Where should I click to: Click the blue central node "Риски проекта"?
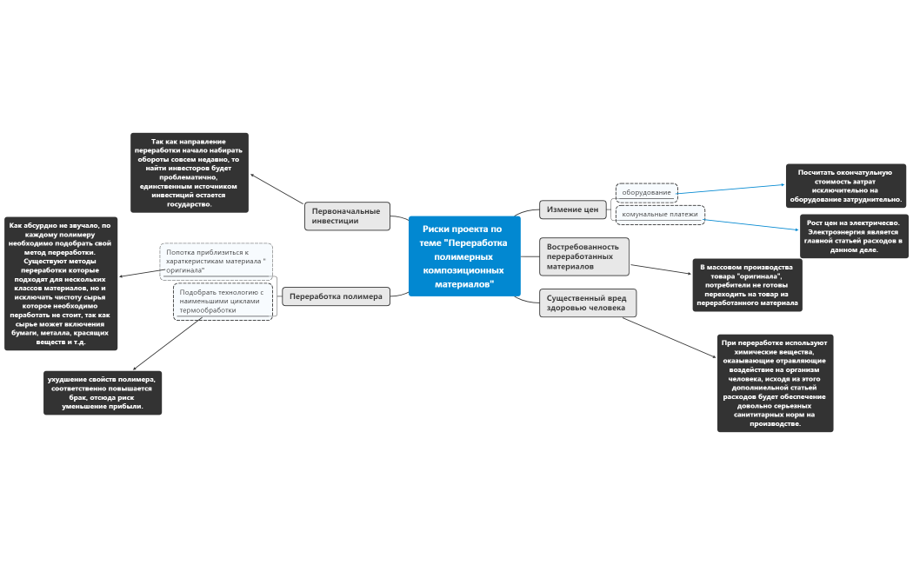click(464, 256)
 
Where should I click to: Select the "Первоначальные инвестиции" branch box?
click(347, 216)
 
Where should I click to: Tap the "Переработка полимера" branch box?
click(336, 296)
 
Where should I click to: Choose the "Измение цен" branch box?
click(572, 209)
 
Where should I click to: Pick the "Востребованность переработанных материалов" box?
click(584, 256)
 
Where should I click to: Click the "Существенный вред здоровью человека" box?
click(588, 302)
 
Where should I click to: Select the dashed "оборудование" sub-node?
click(646, 193)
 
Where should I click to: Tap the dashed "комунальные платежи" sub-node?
click(660, 214)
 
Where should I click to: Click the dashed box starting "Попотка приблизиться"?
click(216, 262)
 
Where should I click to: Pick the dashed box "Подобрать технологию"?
click(223, 302)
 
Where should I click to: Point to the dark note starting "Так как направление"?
click(190, 173)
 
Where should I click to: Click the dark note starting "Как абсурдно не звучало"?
click(61, 283)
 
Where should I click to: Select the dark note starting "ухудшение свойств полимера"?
click(103, 393)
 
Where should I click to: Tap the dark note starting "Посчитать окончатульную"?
click(845, 186)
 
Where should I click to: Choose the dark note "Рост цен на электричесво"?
click(854, 236)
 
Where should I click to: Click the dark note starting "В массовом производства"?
click(747, 285)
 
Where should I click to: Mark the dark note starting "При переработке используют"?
click(775, 382)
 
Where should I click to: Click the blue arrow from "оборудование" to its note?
click(731, 189)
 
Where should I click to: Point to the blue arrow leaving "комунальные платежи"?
click(751, 225)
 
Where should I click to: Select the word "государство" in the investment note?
click(190, 204)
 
